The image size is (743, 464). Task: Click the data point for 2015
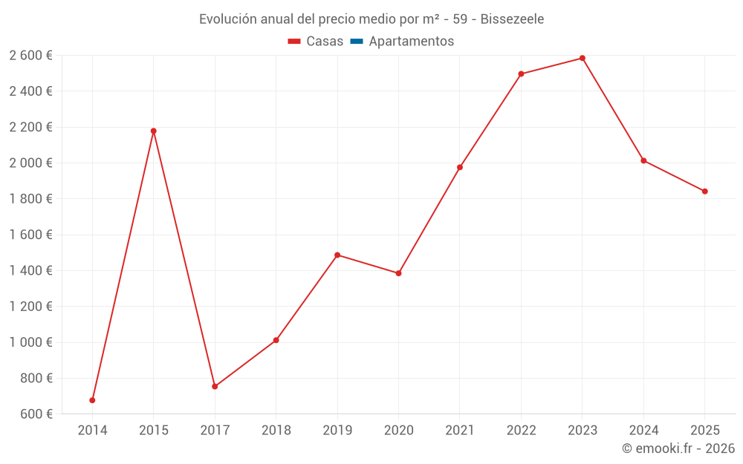[154, 131]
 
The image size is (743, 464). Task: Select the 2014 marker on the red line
[92, 400]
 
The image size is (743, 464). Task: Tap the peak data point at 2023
[583, 58]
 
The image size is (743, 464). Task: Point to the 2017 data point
[215, 386]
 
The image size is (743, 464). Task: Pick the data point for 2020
[399, 273]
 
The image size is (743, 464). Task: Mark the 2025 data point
[705, 192]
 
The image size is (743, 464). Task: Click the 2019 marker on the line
[337, 255]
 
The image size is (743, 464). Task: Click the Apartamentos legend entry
[411, 42]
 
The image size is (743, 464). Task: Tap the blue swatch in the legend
[357, 42]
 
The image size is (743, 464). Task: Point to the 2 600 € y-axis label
[30, 56]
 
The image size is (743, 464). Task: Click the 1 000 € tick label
[30, 342]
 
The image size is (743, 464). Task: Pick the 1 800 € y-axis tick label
[30, 199]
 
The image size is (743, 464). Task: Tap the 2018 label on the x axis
[276, 431]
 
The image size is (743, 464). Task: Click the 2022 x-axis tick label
[521, 431]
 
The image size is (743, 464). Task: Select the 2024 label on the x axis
[643, 431]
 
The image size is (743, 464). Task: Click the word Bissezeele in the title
[512, 19]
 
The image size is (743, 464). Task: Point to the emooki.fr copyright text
[678, 448]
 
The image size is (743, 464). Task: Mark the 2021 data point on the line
[460, 167]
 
